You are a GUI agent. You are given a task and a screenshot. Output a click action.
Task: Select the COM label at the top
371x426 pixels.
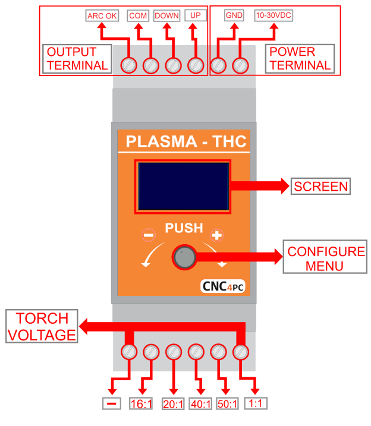(137, 16)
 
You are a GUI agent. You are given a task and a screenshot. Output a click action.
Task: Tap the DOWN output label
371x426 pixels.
(166, 16)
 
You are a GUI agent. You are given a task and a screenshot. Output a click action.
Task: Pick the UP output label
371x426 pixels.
(194, 16)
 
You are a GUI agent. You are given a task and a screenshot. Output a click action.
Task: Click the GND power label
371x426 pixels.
(231, 16)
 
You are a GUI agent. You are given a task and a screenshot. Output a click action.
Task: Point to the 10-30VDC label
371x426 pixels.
(274, 16)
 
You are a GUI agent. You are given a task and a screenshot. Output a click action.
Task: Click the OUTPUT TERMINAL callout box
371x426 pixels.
(77, 58)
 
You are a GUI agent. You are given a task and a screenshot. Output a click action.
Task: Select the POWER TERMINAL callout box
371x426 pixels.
(299, 58)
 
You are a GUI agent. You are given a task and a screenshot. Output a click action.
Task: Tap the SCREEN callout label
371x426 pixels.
(320, 186)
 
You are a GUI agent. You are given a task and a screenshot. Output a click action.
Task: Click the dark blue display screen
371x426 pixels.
(183, 186)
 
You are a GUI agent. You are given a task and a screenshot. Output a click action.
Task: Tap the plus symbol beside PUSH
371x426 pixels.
(217, 236)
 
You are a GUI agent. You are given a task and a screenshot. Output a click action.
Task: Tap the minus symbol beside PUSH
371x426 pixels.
(148, 236)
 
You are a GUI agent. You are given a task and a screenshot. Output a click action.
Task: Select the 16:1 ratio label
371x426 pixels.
(142, 404)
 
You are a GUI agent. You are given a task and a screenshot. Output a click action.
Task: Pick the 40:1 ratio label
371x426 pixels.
(201, 404)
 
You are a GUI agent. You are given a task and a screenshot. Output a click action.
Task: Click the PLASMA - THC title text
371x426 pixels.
(185, 143)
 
